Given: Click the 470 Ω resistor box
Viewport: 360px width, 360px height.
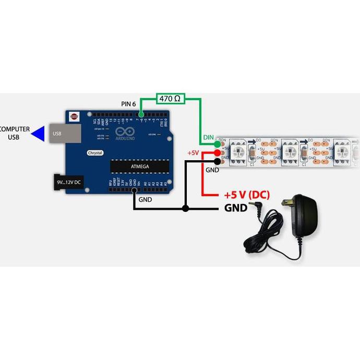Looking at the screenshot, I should point(170,98).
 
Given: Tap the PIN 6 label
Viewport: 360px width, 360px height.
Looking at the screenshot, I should point(128,104).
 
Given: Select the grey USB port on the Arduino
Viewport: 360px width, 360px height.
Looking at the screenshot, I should point(66,133).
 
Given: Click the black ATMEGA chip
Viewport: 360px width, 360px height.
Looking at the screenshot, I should point(140,166).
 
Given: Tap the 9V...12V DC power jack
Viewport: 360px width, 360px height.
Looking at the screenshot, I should point(68,182).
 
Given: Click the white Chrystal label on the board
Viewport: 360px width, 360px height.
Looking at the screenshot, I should point(95,153).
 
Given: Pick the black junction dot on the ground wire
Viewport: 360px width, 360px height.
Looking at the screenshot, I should point(186,209).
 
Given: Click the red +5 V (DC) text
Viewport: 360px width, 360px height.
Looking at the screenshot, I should point(246,195).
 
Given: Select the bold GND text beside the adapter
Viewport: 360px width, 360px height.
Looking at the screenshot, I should point(235,208).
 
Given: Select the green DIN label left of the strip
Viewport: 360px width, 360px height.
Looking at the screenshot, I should point(208,138).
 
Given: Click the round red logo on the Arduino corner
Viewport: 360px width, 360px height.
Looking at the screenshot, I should point(74,116).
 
